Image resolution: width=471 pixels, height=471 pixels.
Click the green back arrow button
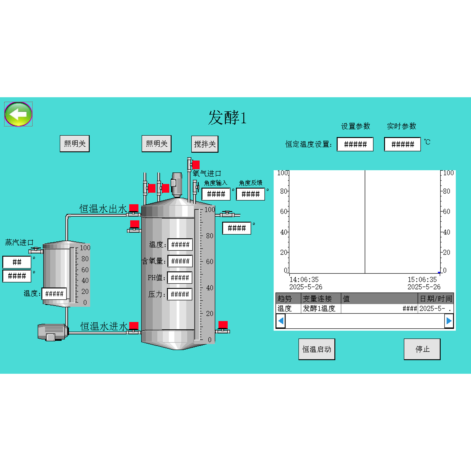pos(18,114)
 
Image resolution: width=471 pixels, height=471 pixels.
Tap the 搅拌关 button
pos(205,144)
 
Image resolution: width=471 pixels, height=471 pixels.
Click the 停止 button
pos(422,349)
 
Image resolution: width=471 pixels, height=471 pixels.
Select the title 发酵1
pos(227,117)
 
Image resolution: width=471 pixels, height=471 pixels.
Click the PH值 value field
pos(180,278)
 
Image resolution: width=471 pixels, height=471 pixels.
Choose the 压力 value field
pos(180,294)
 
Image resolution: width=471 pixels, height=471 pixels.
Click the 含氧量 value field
pos(180,261)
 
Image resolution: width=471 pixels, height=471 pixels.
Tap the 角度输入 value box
pos(216,194)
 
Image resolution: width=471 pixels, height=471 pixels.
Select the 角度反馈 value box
pos(250,194)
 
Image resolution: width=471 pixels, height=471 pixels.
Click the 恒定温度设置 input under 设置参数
pos(355,144)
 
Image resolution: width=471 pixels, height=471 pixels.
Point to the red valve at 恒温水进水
pos(134,326)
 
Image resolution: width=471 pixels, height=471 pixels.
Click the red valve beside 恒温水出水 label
pos(134,208)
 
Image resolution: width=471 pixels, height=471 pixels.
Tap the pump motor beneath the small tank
pos(52,332)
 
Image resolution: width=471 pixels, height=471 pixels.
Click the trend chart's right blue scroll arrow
pos(449,321)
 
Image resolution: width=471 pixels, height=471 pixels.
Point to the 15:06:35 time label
pos(422,279)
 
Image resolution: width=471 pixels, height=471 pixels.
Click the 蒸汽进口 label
pos(19,243)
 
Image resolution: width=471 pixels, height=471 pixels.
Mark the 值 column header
pos(346,299)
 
